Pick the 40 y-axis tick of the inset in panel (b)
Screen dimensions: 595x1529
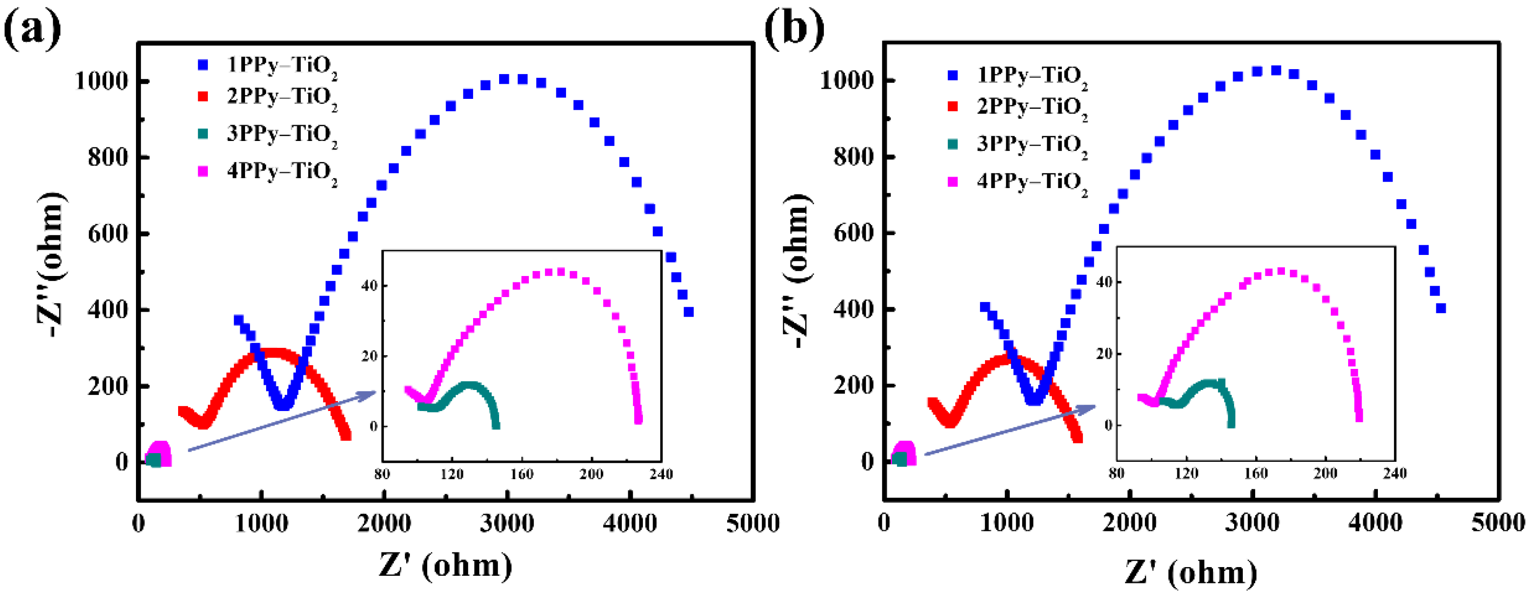point(1104,282)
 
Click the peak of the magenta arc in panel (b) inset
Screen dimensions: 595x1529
point(1281,271)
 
